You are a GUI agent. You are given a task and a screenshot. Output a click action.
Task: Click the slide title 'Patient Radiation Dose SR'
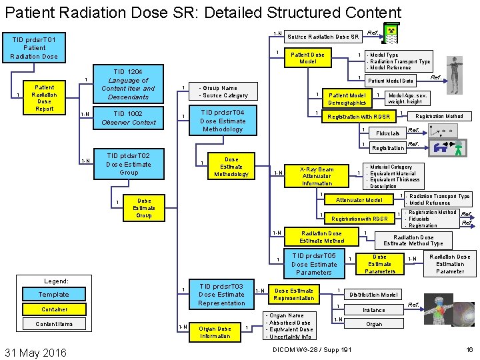click(x=203, y=13)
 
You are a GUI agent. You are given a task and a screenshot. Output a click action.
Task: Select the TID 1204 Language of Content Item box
click(x=127, y=84)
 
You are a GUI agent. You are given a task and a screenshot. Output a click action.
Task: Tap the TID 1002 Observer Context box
click(x=128, y=118)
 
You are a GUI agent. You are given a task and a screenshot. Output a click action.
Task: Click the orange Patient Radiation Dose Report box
click(x=44, y=98)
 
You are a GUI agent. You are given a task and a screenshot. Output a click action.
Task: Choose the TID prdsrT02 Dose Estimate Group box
click(x=128, y=164)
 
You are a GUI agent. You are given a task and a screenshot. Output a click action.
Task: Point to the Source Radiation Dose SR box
click(x=323, y=37)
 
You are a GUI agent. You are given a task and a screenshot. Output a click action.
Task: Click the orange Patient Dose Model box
click(x=307, y=58)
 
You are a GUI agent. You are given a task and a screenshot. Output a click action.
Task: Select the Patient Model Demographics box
click(x=347, y=99)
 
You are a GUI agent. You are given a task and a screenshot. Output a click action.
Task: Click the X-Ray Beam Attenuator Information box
click(x=317, y=176)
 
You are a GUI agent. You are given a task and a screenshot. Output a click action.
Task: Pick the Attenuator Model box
click(x=359, y=200)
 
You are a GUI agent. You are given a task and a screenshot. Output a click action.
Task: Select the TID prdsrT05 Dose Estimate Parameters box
click(x=313, y=264)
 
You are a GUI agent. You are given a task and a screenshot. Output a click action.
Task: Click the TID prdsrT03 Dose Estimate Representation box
click(x=221, y=294)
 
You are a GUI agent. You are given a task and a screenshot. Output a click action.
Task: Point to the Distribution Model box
click(x=373, y=294)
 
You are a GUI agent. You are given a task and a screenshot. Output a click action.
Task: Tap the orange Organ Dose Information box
click(x=215, y=332)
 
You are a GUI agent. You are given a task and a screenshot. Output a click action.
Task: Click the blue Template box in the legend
click(x=53, y=294)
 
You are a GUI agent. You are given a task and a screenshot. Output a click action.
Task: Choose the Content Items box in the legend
click(x=53, y=324)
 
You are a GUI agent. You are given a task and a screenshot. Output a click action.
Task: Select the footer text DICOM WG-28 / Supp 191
click(x=312, y=350)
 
